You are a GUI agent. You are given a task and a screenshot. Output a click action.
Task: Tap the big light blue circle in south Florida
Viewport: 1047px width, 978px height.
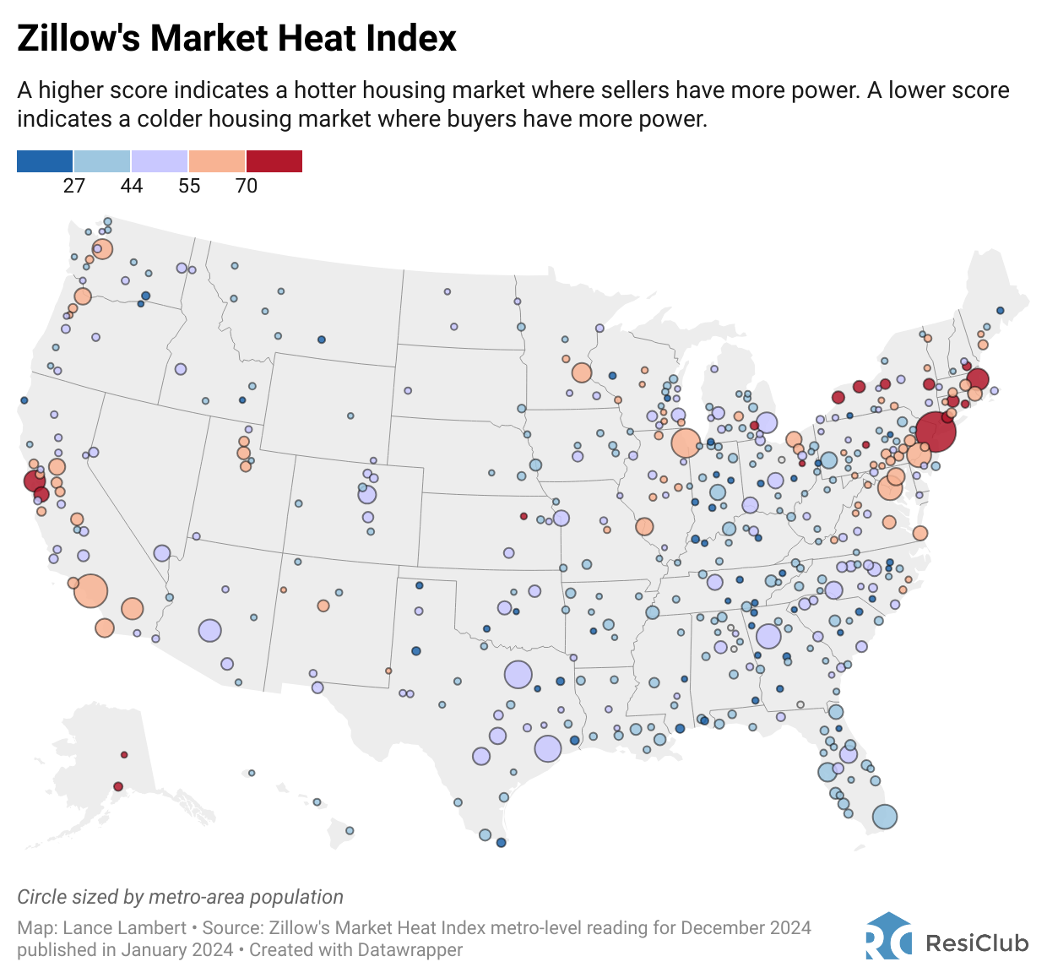[884, 817]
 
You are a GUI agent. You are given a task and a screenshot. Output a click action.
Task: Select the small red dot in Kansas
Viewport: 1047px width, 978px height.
[523, 516]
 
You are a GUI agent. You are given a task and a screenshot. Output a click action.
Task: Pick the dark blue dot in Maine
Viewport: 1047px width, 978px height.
[1001, 311]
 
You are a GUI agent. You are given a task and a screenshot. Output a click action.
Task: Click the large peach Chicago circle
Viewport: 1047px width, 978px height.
[686, 443]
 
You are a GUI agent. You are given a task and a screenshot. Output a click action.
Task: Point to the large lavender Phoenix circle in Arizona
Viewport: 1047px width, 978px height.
[209, 630]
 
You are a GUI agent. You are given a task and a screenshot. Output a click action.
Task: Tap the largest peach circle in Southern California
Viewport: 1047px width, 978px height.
[91, 590]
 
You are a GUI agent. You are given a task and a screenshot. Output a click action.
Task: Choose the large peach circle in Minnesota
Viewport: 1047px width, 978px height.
[581, 372]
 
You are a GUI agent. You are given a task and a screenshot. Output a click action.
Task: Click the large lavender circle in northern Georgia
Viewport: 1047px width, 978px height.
[768, 636]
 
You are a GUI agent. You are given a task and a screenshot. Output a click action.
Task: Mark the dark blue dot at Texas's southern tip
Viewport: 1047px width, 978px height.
[501, 842]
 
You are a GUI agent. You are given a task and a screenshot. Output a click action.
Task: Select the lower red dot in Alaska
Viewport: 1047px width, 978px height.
[118, 786]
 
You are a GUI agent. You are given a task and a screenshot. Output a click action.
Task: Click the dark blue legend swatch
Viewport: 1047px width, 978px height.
[45, 161]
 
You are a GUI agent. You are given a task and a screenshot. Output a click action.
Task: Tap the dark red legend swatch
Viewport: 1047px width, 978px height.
[274, 161]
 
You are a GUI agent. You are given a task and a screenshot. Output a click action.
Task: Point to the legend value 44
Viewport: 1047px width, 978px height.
[132, 186]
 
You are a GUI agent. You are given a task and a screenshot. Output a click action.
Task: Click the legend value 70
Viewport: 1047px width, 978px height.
[247, 186]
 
